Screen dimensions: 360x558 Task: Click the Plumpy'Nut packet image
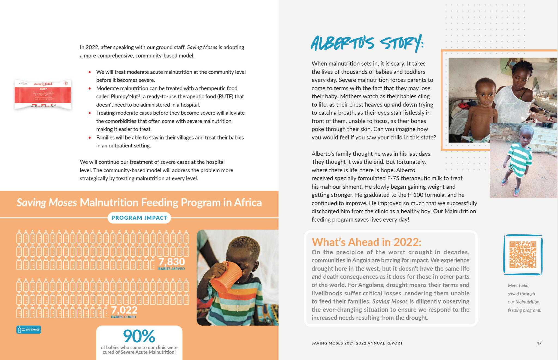click(43, 94)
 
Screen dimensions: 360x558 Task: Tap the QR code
click(523, 255)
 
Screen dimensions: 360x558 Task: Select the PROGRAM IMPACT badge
click(139, 218)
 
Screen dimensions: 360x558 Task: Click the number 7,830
click(172, 262)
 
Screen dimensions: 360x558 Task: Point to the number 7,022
click(124, 310)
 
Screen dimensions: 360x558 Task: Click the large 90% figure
click(139, 336)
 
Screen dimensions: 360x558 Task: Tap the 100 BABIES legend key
click(29, 329)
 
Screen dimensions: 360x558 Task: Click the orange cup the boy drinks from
click(226, 277)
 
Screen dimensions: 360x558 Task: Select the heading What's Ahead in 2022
click(366, 242)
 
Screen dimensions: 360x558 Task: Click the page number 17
click(539, 343)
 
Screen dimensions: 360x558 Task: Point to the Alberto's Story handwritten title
click(367, 43)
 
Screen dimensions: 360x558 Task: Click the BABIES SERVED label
click(171, 269)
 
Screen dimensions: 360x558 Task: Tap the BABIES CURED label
click(123, 317)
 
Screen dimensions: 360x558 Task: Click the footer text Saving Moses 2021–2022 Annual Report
click(357, 343)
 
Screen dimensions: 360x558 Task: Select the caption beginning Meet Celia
click(524, 298)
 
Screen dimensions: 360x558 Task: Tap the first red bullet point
click(90, 72)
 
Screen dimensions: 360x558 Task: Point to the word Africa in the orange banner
click(248, 202)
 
